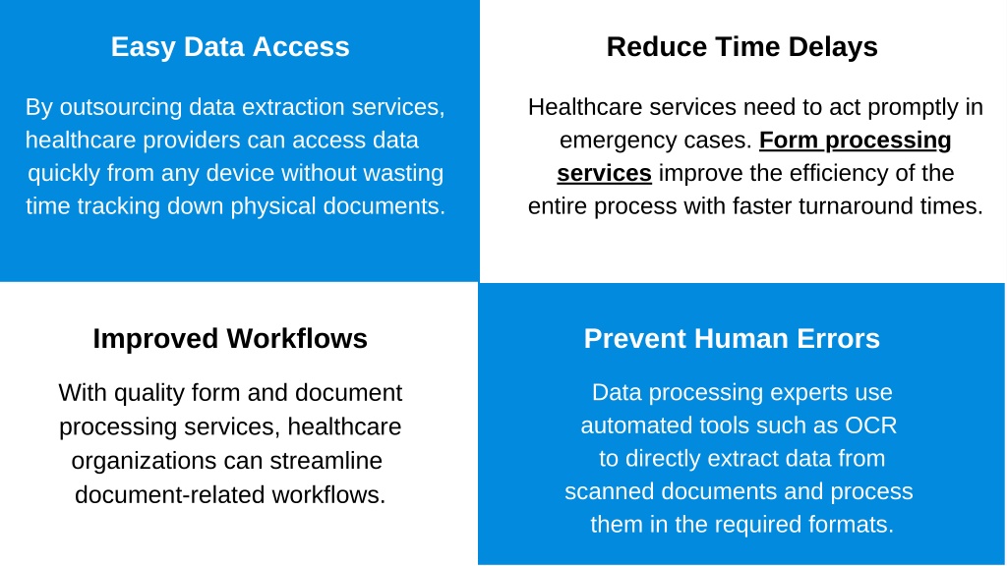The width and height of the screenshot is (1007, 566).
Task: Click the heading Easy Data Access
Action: click(230, 47)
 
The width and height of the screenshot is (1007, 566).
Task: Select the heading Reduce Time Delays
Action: click(741, 47)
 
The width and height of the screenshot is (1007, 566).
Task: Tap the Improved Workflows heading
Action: click(230, 339)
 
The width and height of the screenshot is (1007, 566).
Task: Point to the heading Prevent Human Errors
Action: click(732, 339)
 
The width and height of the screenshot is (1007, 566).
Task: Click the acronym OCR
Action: click(871, 426)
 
